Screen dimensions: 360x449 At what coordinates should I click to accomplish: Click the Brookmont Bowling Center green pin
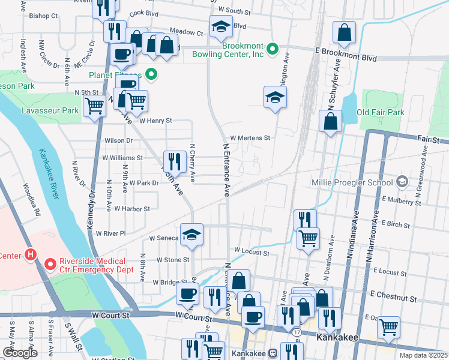tap(272, 49)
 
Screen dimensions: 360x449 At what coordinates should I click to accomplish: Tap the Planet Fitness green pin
tap(151, 75)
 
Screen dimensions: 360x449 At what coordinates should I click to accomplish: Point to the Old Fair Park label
tap(381, 112)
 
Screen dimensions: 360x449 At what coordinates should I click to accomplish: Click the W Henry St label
tap(155, 121)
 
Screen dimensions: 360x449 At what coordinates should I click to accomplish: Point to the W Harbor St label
tap(131, 209)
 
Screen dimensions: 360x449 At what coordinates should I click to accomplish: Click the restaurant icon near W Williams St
tap(175, 160)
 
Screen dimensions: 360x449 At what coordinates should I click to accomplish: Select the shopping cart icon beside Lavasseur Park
tap(95, 107)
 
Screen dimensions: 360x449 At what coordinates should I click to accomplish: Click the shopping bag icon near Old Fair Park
tap(331, 121)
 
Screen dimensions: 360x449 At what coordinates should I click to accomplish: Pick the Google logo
tap(20, 353)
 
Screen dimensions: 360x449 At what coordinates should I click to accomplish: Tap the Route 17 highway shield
tap(298, 331)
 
